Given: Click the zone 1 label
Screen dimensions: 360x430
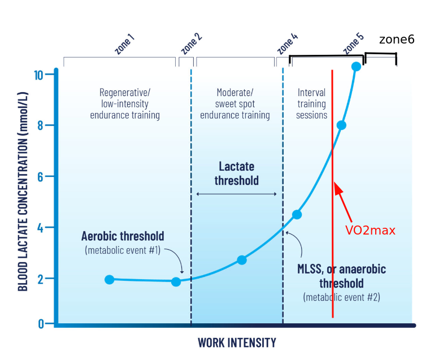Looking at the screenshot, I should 124,45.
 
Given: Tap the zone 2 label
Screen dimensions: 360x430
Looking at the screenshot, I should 191,44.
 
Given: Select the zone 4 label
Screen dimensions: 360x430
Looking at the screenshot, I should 288,44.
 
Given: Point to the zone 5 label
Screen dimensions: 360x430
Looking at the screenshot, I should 353,44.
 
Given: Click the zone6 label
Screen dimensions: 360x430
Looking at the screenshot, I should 397,40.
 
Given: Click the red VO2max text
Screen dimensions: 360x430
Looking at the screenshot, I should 370,231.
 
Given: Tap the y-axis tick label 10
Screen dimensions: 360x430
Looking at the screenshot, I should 38,75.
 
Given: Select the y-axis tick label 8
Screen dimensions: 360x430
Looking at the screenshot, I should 40,125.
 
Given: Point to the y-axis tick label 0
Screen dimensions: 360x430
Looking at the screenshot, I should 41,324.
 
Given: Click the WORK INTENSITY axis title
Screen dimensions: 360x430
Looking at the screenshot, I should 237,342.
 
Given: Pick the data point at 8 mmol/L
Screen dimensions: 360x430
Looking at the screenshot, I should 341,125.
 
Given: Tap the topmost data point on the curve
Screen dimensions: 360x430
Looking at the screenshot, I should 356,67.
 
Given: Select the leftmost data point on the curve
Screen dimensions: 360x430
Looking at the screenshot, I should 110,279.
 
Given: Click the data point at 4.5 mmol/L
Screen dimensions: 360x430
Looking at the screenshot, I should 297,214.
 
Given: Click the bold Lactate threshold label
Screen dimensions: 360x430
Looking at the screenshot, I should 237,174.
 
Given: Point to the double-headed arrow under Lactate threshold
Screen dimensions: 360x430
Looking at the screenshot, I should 236,194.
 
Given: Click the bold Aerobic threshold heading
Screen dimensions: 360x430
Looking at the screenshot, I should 123,236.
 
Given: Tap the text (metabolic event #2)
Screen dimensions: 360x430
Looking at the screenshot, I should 341,296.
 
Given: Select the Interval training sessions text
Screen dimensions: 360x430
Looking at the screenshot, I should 311,104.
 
